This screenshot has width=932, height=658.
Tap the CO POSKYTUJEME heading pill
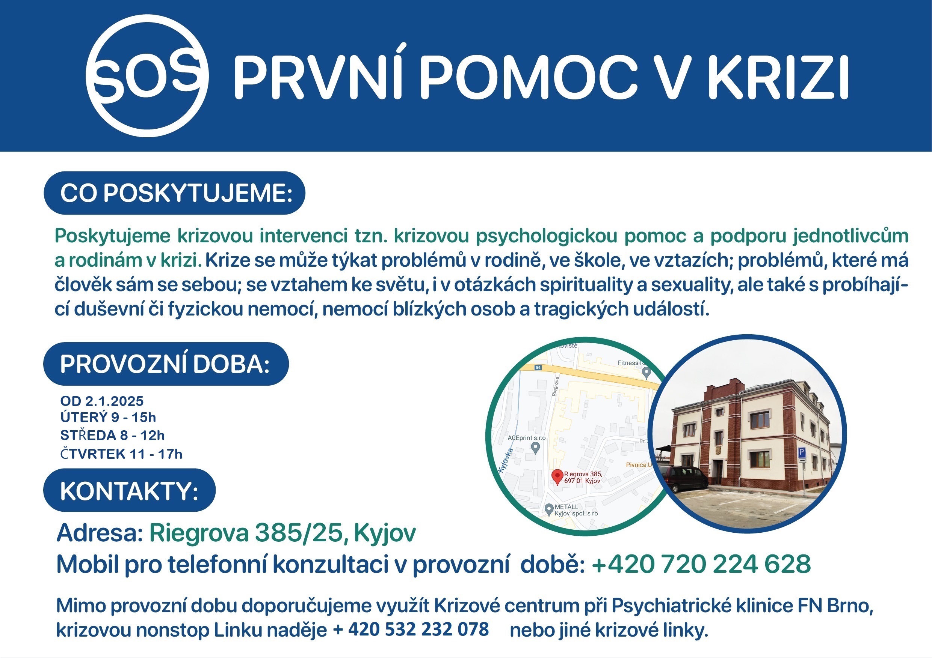175,193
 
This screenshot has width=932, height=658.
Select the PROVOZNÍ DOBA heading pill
166,364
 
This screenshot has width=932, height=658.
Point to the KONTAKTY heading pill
130,490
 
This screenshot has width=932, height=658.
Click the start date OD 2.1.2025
102,401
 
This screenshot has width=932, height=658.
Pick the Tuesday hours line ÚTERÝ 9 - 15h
108,417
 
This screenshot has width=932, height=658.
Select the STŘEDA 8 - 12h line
112,435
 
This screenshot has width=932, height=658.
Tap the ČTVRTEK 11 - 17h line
121,454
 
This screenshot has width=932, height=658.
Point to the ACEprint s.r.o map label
527,438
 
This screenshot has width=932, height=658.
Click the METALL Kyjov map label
576,510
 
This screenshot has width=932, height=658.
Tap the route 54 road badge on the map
538,368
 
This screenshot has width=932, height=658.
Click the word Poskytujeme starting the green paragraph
112,236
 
